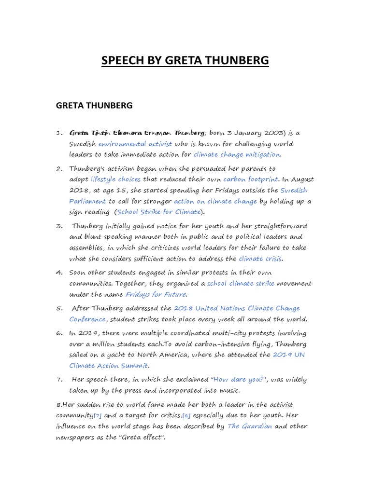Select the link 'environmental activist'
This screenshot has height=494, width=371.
point(135,144)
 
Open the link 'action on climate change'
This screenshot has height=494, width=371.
point(215,201)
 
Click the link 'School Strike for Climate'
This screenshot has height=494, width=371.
point(158,212)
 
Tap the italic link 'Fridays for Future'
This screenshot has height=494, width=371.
point(156,294)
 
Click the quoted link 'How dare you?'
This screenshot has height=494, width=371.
point(242,380)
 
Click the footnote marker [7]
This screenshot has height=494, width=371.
point(98,415)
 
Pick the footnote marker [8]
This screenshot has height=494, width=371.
point(186,415)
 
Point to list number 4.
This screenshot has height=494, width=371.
point(59,273)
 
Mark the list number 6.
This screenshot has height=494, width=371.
point(59,333)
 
